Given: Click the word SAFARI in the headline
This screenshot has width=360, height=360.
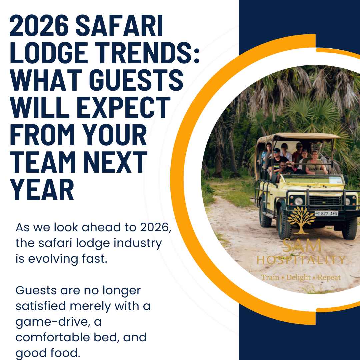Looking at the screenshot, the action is pyautogui.click(x=119, y=25).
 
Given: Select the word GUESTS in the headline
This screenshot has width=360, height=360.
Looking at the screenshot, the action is pyautogui.click(x=136, y=80).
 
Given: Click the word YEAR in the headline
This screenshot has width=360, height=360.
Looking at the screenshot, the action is pyautogui.click(x=42, y=189).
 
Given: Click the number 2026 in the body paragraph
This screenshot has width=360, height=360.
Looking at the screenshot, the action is pyautogui.click(x=156, y=228).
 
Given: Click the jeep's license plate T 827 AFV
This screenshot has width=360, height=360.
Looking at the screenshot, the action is pyautogui.click(x=326, y=214).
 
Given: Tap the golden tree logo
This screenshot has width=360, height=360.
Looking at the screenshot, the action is pyautogui.click(x=301, y=220).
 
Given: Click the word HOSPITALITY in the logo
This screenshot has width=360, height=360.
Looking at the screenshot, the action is pyautogui.click(x=301, y=260).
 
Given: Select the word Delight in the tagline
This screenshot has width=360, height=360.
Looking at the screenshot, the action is pyautogui.click(x=298, y=277).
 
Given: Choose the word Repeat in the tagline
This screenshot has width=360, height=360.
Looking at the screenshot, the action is pyautogui.click(x=329, y=277).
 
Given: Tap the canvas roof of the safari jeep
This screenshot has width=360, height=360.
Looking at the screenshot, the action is pyautogui.click(x=298, y=136).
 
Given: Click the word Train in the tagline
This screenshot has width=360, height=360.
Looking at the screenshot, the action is pyautogui.click(x=270, y=277).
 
